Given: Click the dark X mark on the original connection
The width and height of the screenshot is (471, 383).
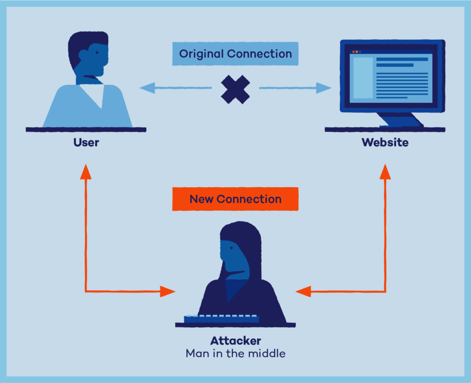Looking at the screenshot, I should [235, 89].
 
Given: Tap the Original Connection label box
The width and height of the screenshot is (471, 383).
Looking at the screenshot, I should [235, 54].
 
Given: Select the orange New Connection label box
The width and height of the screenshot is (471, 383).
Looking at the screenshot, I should [235, 199].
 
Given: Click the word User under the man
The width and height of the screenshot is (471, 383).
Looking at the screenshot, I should [86, 142].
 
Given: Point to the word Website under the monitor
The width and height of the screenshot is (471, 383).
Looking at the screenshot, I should [385, 142].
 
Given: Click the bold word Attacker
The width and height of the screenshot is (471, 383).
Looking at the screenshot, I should [235, 341].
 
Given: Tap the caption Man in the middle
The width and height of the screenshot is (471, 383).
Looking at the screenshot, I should [235, 354].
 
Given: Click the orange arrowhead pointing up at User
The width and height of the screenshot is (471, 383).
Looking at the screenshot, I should [86, 172].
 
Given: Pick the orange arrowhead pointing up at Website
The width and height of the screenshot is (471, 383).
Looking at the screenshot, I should [385, 172].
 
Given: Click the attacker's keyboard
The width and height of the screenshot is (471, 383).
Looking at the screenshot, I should [221, 319].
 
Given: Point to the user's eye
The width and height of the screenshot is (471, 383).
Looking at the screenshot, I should [97, 53].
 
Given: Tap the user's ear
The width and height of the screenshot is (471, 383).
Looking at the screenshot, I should [84, 56].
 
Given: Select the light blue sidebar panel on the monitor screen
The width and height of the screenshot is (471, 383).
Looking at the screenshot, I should [362, 78].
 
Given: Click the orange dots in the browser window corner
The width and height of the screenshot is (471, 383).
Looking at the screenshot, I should [355, 52].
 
